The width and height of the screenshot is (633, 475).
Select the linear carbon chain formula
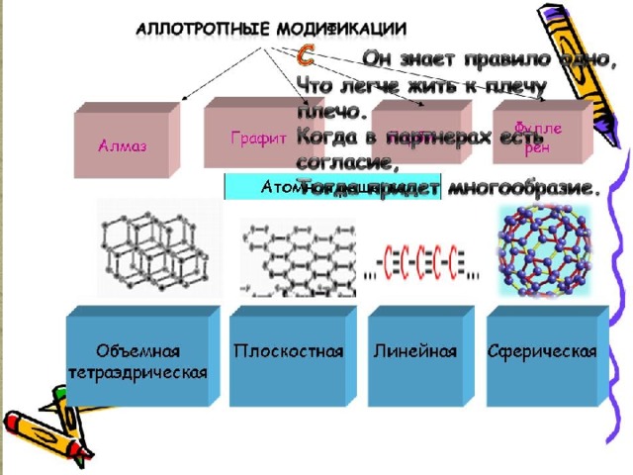(420, 261)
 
